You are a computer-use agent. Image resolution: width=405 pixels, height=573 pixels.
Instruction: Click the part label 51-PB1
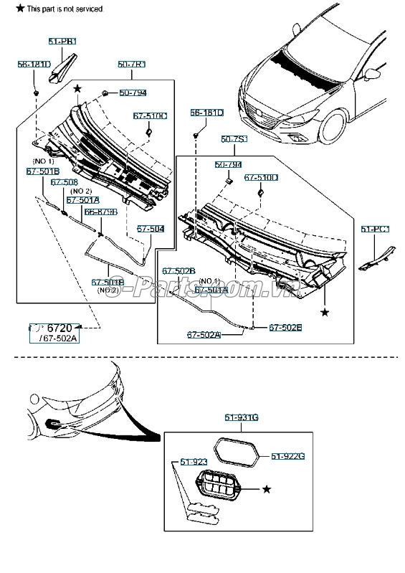(62, 42)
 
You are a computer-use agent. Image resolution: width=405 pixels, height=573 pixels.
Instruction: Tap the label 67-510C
(150, 115)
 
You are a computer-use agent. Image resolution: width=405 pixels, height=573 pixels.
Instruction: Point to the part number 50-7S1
(234, 138)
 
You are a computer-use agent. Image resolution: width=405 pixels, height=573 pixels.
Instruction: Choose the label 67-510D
(261, 176)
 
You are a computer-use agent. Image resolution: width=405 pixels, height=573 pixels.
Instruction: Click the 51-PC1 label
(375, 229)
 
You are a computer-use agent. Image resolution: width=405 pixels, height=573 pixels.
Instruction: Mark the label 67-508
(66, 182)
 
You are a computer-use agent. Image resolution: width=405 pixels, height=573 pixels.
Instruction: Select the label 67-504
(151, 228)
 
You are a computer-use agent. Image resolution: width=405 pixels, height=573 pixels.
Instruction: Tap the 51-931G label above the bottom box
(241, 417)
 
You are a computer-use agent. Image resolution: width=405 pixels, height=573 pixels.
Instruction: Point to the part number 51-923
(193, 462)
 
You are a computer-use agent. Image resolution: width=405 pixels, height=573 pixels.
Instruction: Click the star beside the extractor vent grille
(267, 489)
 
